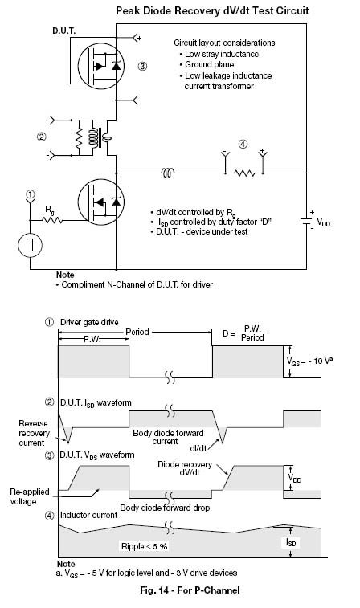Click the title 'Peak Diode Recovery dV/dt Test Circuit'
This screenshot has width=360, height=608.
point(212,10)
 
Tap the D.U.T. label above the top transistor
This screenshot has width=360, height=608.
point(64,31)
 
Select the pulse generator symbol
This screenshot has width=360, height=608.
point(31,245)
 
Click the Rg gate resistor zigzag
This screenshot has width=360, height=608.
point(52,221)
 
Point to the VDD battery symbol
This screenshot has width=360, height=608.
point(306,222)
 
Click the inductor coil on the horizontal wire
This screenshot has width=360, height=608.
point(168,173)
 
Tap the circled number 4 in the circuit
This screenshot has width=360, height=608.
point(243,145)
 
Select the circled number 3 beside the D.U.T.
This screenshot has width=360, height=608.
point(142,67)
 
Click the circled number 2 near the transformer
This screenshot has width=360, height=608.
point(41,137)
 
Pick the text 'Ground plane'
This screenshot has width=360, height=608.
point(209,65)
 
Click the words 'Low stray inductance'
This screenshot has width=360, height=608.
point(222,55)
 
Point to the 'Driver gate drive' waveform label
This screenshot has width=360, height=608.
point(89,322)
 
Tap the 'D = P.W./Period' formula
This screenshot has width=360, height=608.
point(245,333)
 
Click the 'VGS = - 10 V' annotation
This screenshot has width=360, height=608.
point(309,361)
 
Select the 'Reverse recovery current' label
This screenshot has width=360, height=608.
point(34,433)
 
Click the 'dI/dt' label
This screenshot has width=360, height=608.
point(198,448)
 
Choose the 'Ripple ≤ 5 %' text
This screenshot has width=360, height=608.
point(145,546)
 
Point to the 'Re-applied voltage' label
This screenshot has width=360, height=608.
point(30,496)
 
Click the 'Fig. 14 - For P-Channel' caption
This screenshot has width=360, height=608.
point(190,590)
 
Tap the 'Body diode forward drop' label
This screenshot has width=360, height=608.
point(165,508)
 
